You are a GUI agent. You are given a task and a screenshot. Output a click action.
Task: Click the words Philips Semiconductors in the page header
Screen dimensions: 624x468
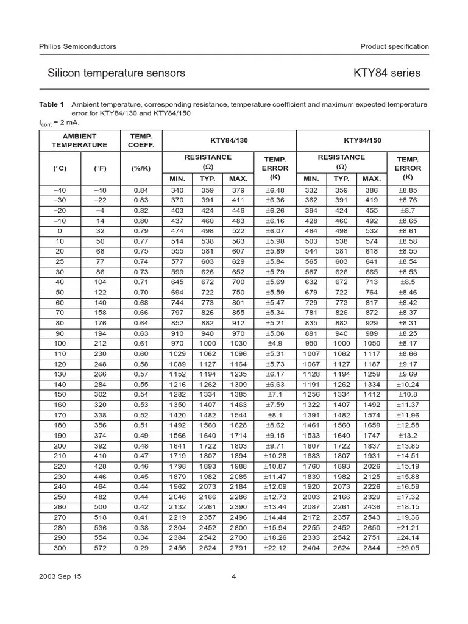(77, 46)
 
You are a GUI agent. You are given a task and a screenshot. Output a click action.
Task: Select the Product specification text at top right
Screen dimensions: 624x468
(394, 46)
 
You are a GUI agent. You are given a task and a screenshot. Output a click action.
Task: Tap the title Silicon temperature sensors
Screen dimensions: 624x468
(116, 73)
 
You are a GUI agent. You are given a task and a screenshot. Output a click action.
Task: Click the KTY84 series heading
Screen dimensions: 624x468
(386, 73)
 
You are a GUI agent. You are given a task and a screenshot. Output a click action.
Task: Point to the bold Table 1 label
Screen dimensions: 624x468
(51, 105)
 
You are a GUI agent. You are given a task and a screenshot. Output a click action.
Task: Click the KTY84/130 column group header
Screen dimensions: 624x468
(229, 140)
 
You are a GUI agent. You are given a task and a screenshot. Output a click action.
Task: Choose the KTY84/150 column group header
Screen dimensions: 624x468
(362, 140)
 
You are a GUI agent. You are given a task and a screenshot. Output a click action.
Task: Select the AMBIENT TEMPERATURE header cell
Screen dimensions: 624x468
(79, 140)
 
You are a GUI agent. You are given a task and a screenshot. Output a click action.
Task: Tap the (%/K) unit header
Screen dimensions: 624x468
(141, 168)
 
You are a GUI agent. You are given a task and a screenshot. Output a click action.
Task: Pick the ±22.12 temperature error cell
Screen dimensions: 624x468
(275, 548)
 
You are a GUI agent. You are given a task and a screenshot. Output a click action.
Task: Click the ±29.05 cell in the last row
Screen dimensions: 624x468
(408, 548)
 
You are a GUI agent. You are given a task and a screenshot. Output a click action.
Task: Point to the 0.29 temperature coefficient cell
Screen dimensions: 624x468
(141, 548)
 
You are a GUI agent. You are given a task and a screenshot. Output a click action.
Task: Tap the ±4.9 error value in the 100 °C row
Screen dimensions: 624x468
(275, 344)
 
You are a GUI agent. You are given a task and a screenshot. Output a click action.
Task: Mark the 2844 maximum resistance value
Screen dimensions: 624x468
(371, 548)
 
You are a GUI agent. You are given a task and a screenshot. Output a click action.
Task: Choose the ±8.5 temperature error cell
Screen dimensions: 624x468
(408, 282)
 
